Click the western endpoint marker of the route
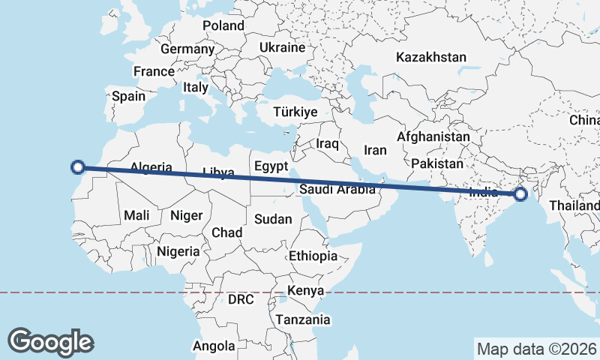pos(77,167)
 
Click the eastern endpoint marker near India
pos(520,196)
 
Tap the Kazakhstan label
pos(431,57)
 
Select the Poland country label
pos(223,25)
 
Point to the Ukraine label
pos(282,47)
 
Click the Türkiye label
pos(296,112)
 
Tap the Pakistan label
pos(437,163)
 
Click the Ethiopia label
pos(313,256)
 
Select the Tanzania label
pos(303,319)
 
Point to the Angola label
pos(214,346)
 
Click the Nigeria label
pos(178,251)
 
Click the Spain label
pos(128,96)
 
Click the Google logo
pos(50,342)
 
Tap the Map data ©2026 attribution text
pos(536,349)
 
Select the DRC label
pos(241,299)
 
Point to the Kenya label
pos(306,290)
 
